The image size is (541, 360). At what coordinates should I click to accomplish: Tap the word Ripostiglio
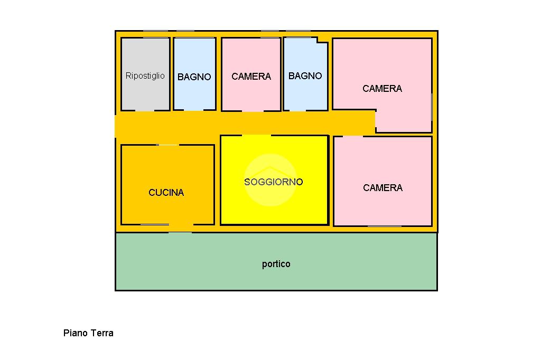pyautogui.click(x=145, y=75)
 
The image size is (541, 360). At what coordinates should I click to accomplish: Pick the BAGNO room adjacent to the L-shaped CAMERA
pyautogui.click(x=305, y=92)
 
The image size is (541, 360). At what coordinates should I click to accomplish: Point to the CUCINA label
pyautogui.click(x=166, y=193)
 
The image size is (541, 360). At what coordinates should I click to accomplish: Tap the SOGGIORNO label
pyautogui.click(x=273, y=182)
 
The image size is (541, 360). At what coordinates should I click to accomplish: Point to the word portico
pyautogui.click(x=276, y=264)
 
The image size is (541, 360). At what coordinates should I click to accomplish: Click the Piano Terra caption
pyautogui.click(x=88, y=333)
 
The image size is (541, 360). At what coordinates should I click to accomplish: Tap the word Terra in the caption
pyautogui.click(x=102, y=333)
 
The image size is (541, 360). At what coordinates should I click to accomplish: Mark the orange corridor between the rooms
pyautogui.click(x=243, y=123)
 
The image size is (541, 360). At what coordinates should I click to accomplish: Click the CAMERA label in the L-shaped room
pyautogui.click(x=382, y=89)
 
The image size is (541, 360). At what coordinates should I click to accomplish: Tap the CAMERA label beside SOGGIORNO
pyautogui.click(x=383, y=188)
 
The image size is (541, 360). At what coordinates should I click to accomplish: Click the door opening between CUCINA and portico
pyautogui.click(x=180, y=229)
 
